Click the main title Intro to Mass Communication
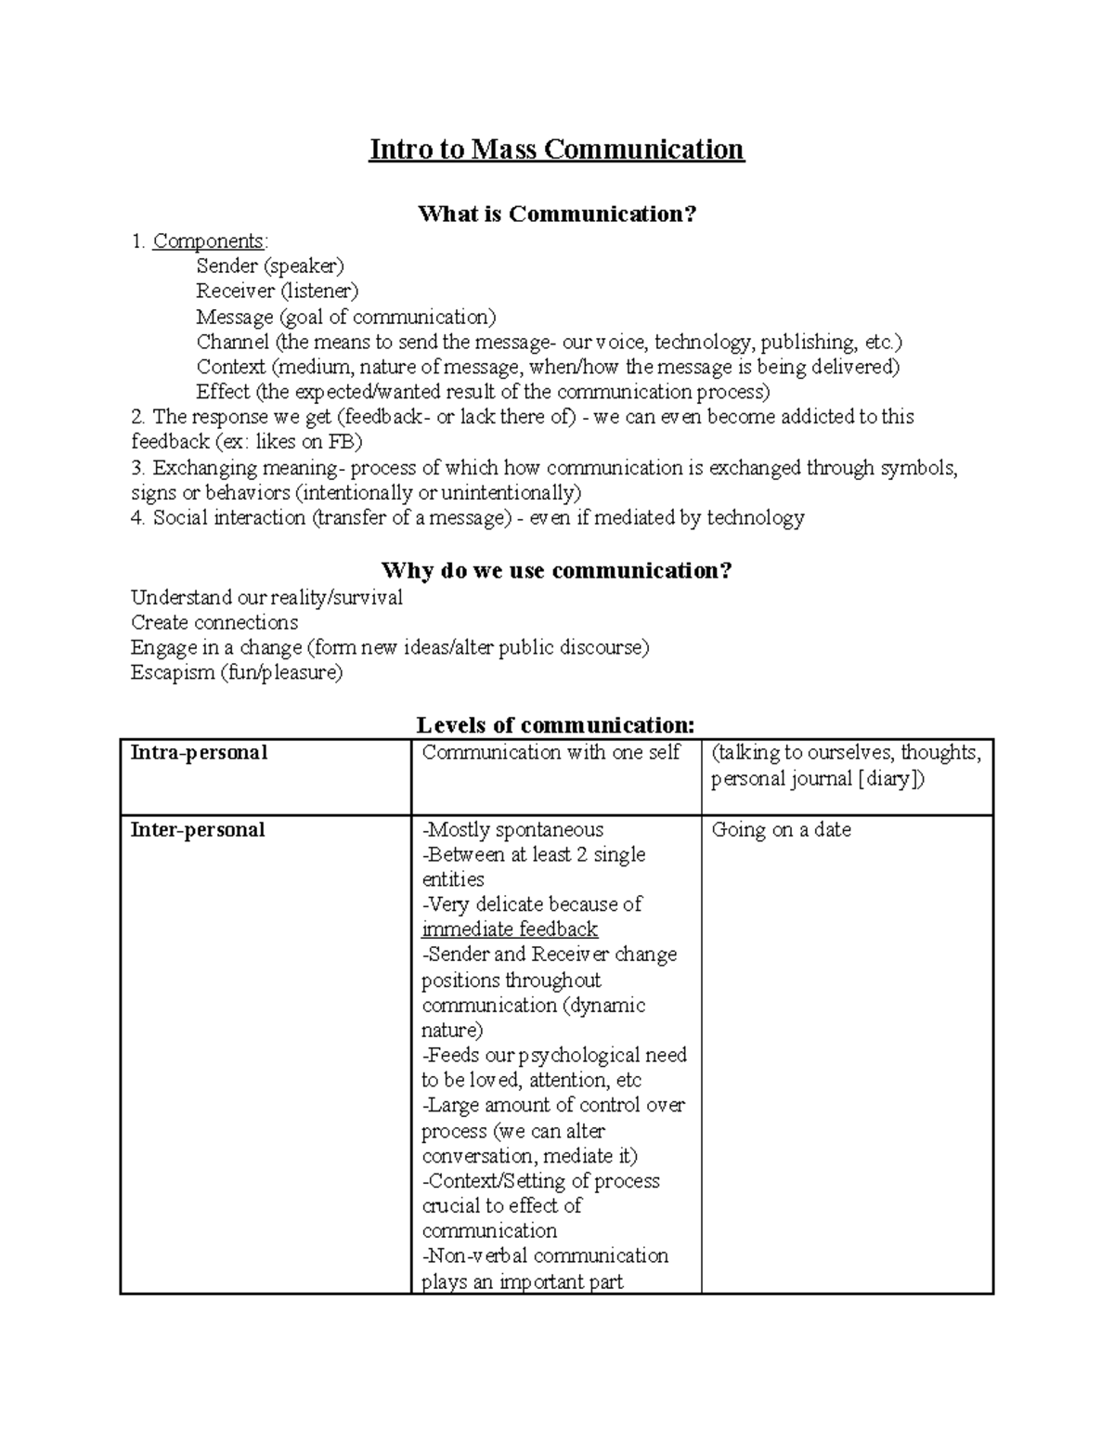point(556,149)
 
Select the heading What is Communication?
point(556,214)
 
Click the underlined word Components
point(208,241)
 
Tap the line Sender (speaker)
point(269,266)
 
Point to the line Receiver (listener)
point(277,292)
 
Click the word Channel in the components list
point(232,342)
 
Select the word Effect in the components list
point(223,392)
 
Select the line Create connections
point(214,622)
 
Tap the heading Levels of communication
point(555,724)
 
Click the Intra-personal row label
point(199,753)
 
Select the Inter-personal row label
point(198,830)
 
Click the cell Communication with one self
point(551,753)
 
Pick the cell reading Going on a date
point(781,830)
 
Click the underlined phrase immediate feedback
point(510,929)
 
